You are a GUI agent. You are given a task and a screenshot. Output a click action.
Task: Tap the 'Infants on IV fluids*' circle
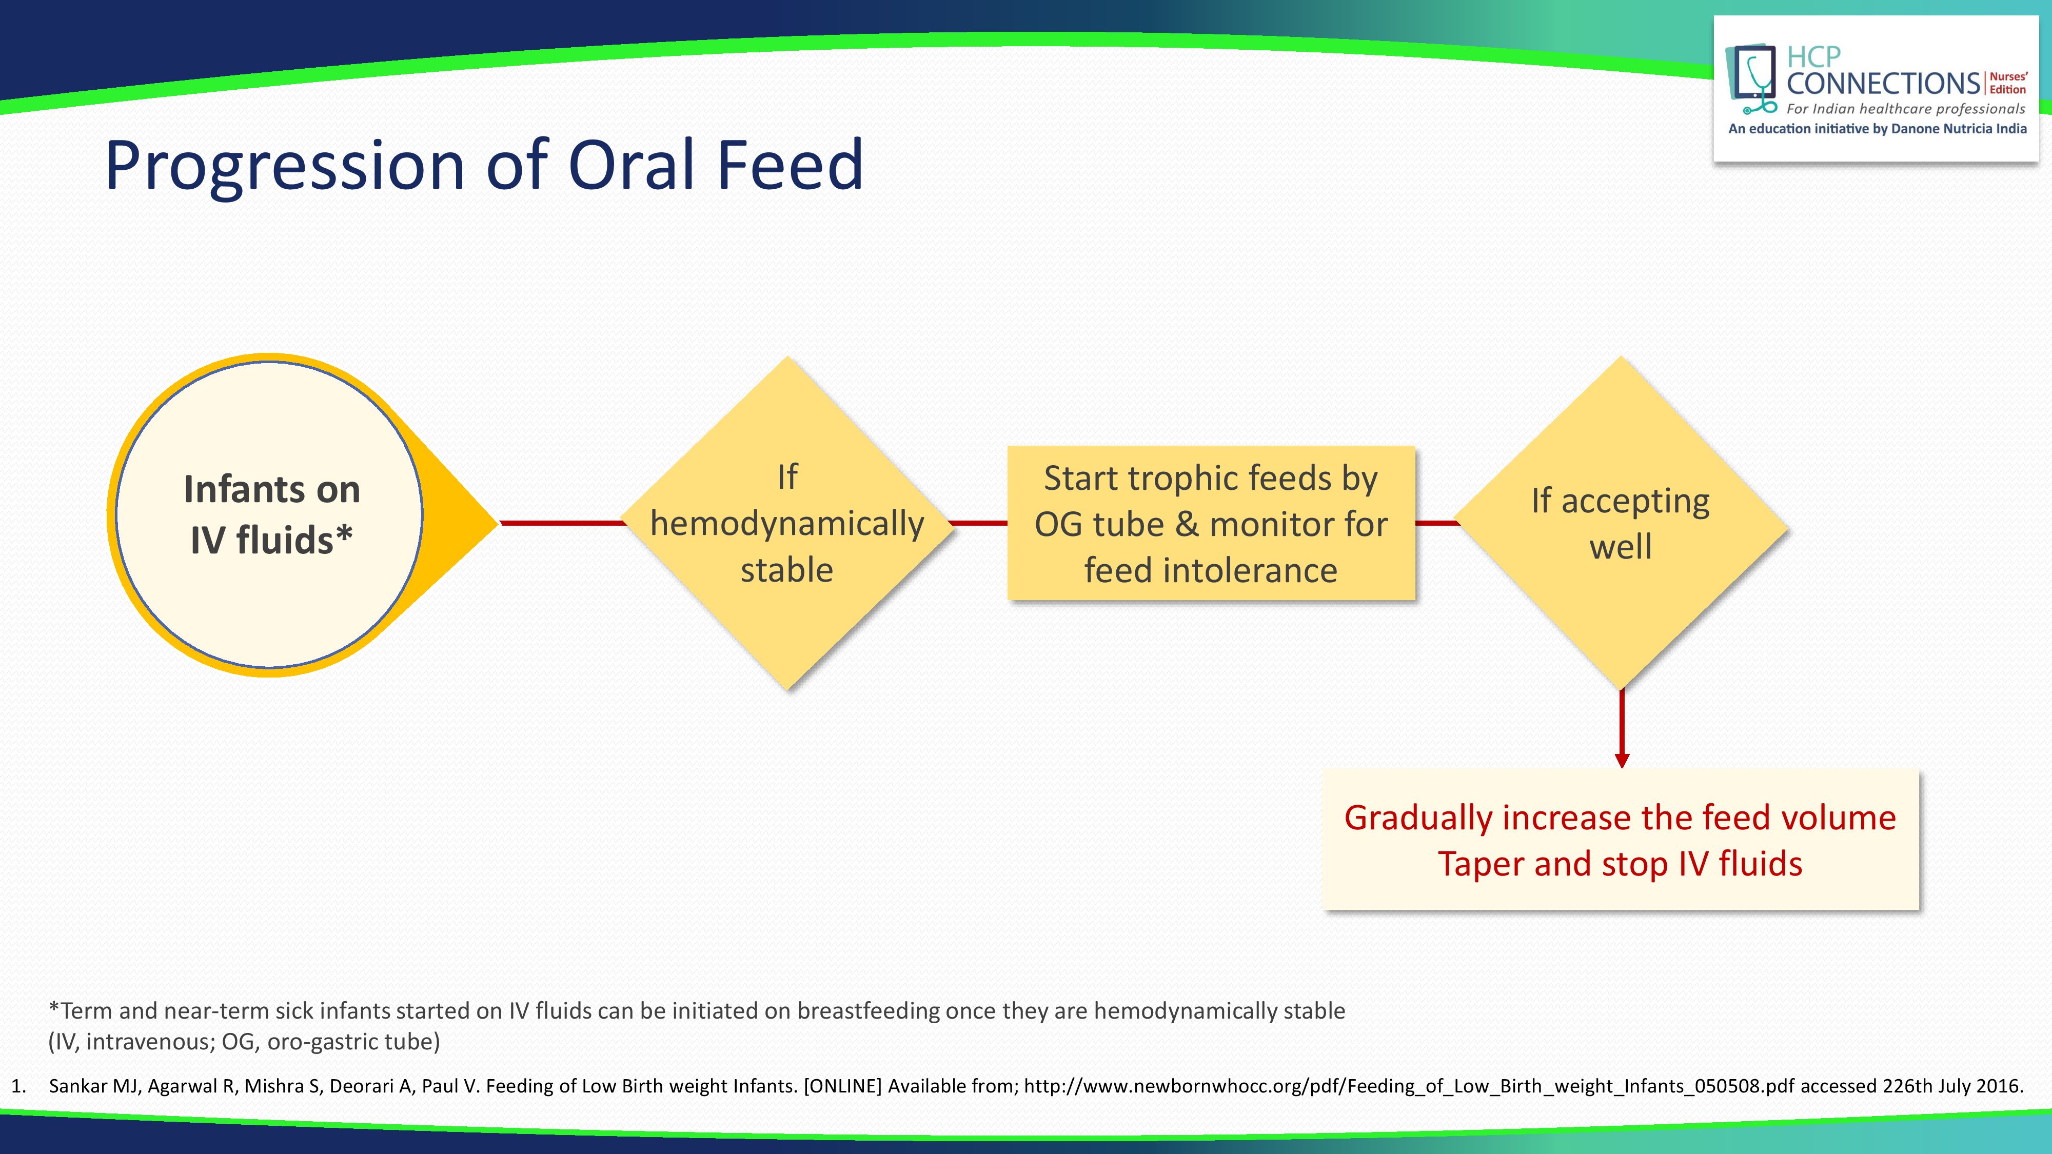click(x=269, y=514)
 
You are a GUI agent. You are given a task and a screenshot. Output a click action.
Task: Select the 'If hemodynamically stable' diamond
click(x=787, y=523)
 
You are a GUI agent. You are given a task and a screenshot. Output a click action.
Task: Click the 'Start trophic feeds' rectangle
click(x=1211, y=523)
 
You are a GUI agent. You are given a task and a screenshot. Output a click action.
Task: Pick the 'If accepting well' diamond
click(x=1621, y=523)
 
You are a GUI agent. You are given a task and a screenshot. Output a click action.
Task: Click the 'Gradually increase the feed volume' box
click(x=1620, y=840)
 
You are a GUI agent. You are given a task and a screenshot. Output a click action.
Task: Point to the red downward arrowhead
click(x=1622, y=760)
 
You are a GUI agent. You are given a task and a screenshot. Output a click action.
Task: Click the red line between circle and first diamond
click(x=562, y=523)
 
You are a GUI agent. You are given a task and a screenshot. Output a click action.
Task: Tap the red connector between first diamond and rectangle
click(x=980, y=523)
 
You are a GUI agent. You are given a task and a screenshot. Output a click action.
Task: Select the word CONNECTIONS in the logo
click(x=1884, y=83)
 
